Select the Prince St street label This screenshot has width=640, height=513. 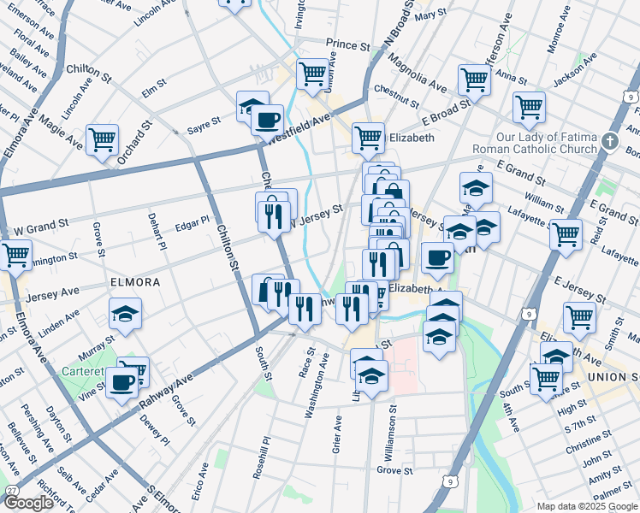pos(347,44)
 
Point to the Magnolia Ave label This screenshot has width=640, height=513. pos(417,74)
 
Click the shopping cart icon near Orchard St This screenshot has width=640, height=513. pos(102,138)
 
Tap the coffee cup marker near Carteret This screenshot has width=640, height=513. pos(122,382)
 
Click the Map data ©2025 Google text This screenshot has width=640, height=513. pos(587,506)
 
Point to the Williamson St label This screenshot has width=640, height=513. pos(394,423)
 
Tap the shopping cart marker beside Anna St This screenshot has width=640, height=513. pos(473,80)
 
